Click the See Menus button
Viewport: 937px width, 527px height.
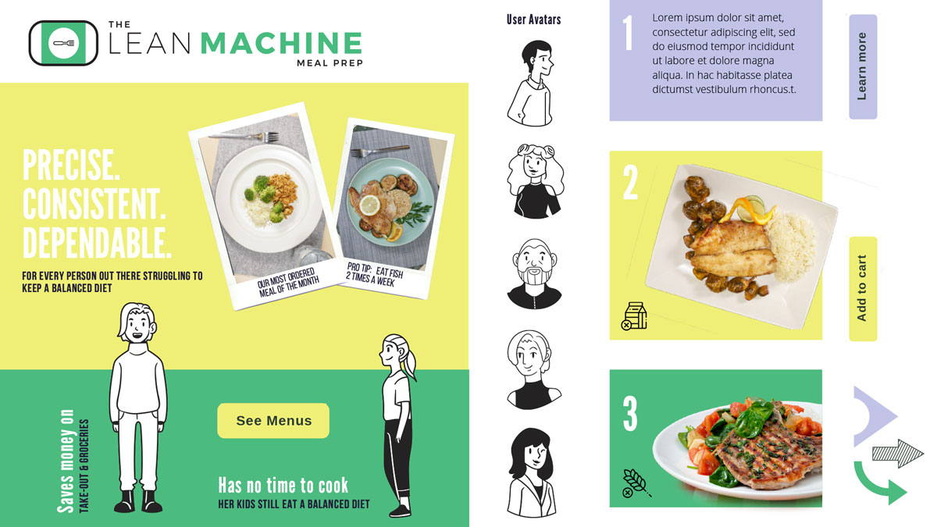[x=273, y=420]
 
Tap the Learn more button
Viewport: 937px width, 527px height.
[x=863, y=66]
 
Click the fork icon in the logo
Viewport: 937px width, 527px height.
[x=63, y=43]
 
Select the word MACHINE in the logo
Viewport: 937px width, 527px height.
[x=281, y=43]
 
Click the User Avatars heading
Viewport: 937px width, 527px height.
[x=533, y=20]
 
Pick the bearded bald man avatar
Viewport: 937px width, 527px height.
[x=534, y=273]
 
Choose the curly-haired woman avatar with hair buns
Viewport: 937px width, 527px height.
[x=535, y=180]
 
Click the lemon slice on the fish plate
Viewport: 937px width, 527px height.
[x=370, y=205]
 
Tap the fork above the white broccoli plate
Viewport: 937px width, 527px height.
[x=244, y=136]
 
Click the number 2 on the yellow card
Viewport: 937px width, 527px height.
[x=630, y=183]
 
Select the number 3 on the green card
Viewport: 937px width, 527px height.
[x=630, y=414]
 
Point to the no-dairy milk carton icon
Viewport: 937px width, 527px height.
[x=634, y=316]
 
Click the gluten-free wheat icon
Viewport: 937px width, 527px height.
[x=636, y=484]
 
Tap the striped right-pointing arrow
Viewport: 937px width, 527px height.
[x=898, y=454]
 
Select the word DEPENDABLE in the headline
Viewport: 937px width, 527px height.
[x=97, y=244]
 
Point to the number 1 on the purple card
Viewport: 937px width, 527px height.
[x=628, y=32]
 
